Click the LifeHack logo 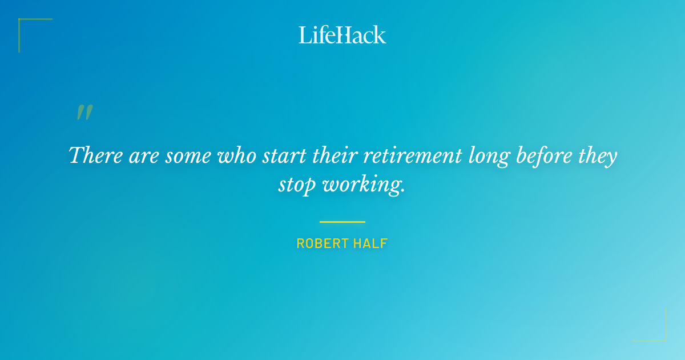pos(342,35)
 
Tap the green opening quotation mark pos(84,113)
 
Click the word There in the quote pos(94,155)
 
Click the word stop pos(297,185)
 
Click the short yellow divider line pos(342,222)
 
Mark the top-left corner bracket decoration pos(23,23)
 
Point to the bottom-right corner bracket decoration pos(662,337)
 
